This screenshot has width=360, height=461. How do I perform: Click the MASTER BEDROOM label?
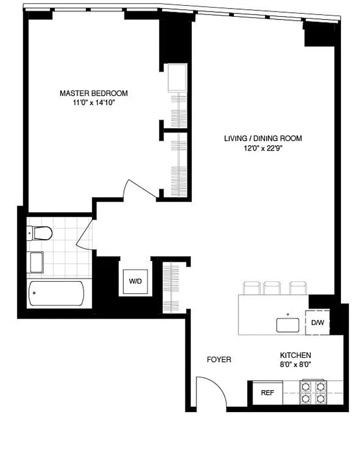tap(94, 93)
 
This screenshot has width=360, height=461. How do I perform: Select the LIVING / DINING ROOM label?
tap(263, 138)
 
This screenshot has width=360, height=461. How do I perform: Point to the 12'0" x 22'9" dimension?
tap(263, 148)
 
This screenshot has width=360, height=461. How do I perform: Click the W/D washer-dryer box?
tap(135, 282)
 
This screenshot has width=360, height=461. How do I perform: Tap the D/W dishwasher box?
tap(317, 323)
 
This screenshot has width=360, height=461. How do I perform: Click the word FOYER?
tap(219, 360)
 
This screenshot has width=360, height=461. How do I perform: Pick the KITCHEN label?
tap(295, 355)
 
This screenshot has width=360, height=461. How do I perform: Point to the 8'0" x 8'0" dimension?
tap(295, 364)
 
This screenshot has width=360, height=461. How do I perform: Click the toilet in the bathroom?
tap(40, 233)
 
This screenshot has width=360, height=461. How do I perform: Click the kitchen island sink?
tap(289, 324)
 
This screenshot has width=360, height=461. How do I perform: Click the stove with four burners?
tap(313, 392)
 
